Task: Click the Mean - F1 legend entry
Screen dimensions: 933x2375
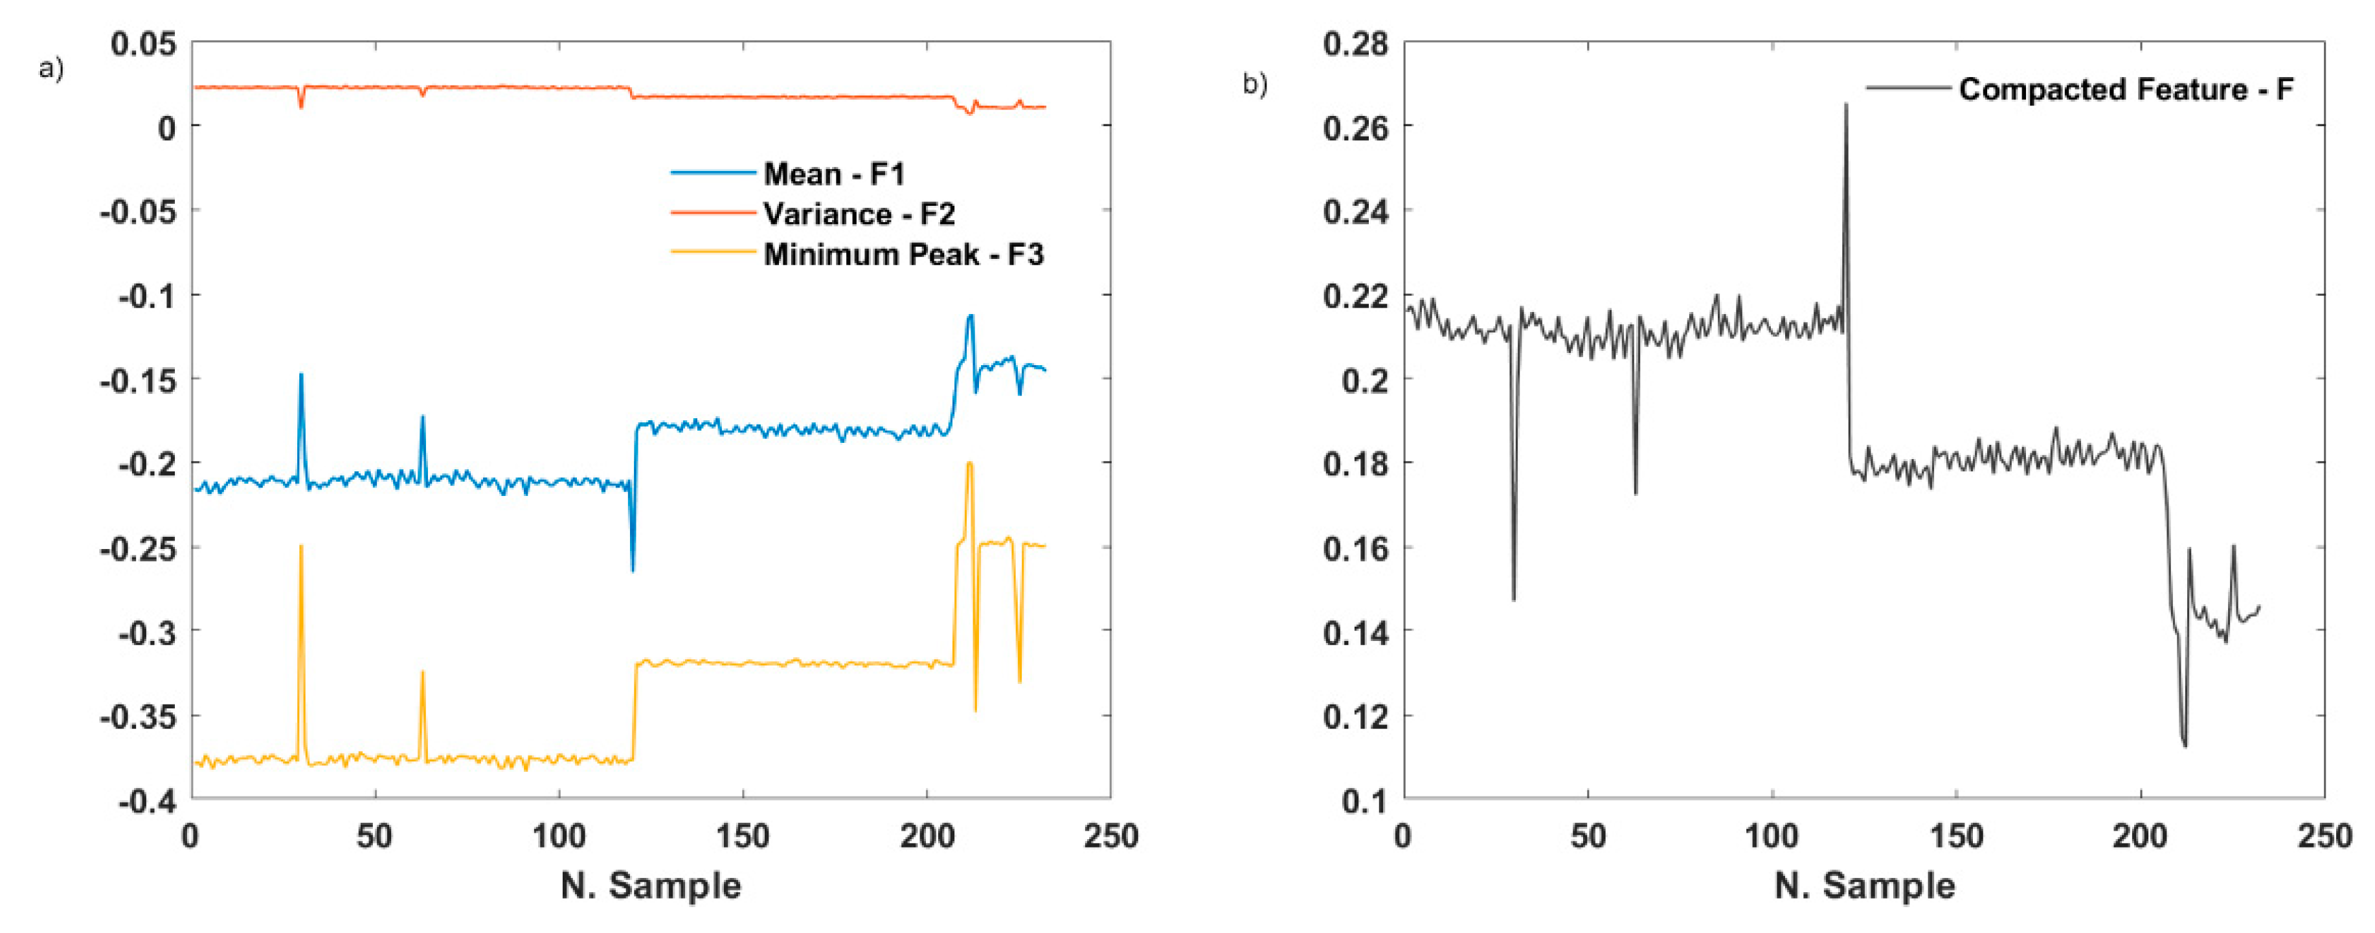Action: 833,174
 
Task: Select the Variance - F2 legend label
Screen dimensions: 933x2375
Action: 859,214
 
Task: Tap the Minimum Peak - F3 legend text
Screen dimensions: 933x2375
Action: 903,254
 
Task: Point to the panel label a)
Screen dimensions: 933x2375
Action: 51,68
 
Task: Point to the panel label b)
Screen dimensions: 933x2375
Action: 1255,84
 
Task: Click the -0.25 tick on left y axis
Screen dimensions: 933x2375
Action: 139,548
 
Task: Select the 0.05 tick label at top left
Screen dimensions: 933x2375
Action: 143,43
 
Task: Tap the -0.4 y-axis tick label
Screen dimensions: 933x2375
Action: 148,801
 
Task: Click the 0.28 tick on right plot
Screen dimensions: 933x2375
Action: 1355,43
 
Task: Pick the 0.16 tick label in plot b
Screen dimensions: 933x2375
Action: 1355,548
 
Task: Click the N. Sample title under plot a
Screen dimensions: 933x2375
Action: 650,885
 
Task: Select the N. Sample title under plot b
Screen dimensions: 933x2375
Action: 1864,885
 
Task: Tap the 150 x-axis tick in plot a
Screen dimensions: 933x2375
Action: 742,836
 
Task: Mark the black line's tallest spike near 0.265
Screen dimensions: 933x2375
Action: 1846,105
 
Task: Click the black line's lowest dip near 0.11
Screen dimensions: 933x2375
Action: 2184,745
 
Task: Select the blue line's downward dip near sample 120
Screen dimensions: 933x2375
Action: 633,569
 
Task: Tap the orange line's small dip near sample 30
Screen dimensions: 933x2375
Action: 300,106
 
